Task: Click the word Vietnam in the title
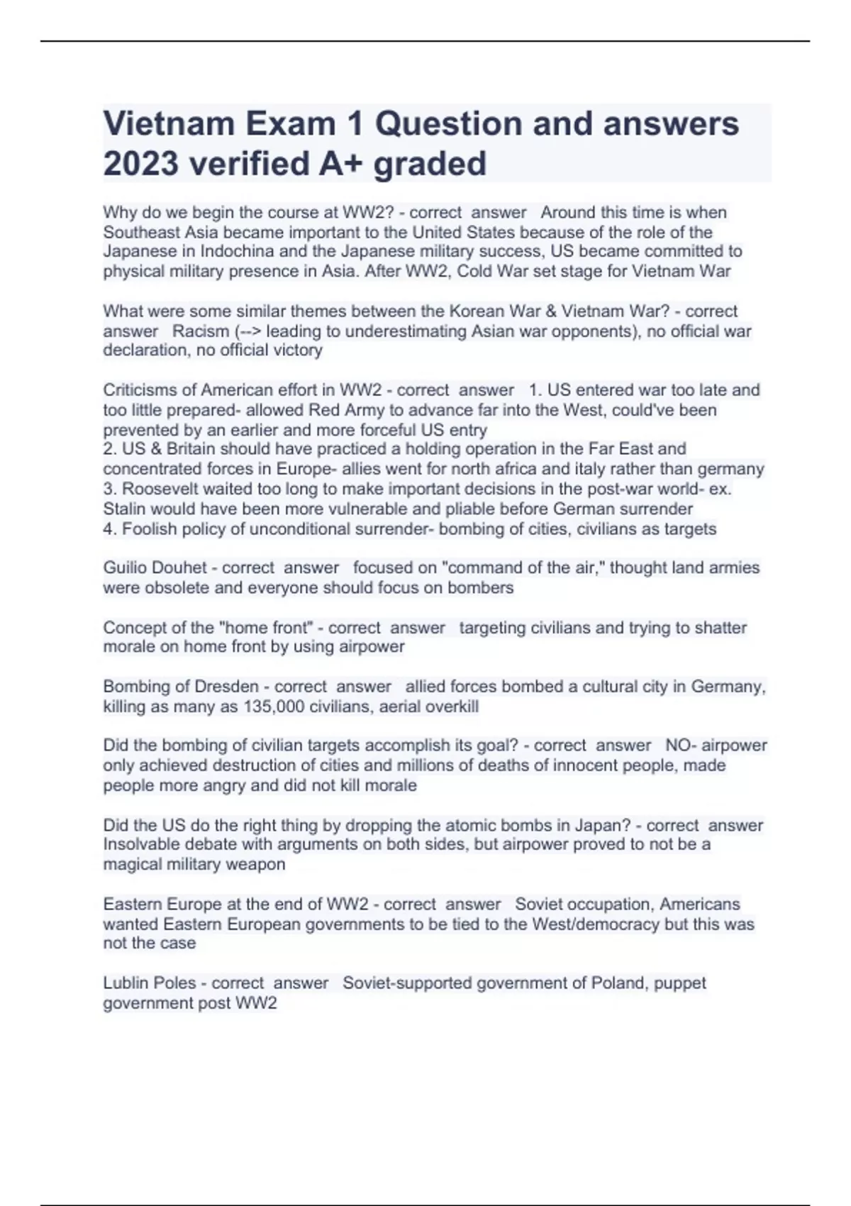coord(168,124)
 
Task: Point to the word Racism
coord(201,331)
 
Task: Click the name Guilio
coord(126,568)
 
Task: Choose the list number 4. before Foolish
coord(111,529)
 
